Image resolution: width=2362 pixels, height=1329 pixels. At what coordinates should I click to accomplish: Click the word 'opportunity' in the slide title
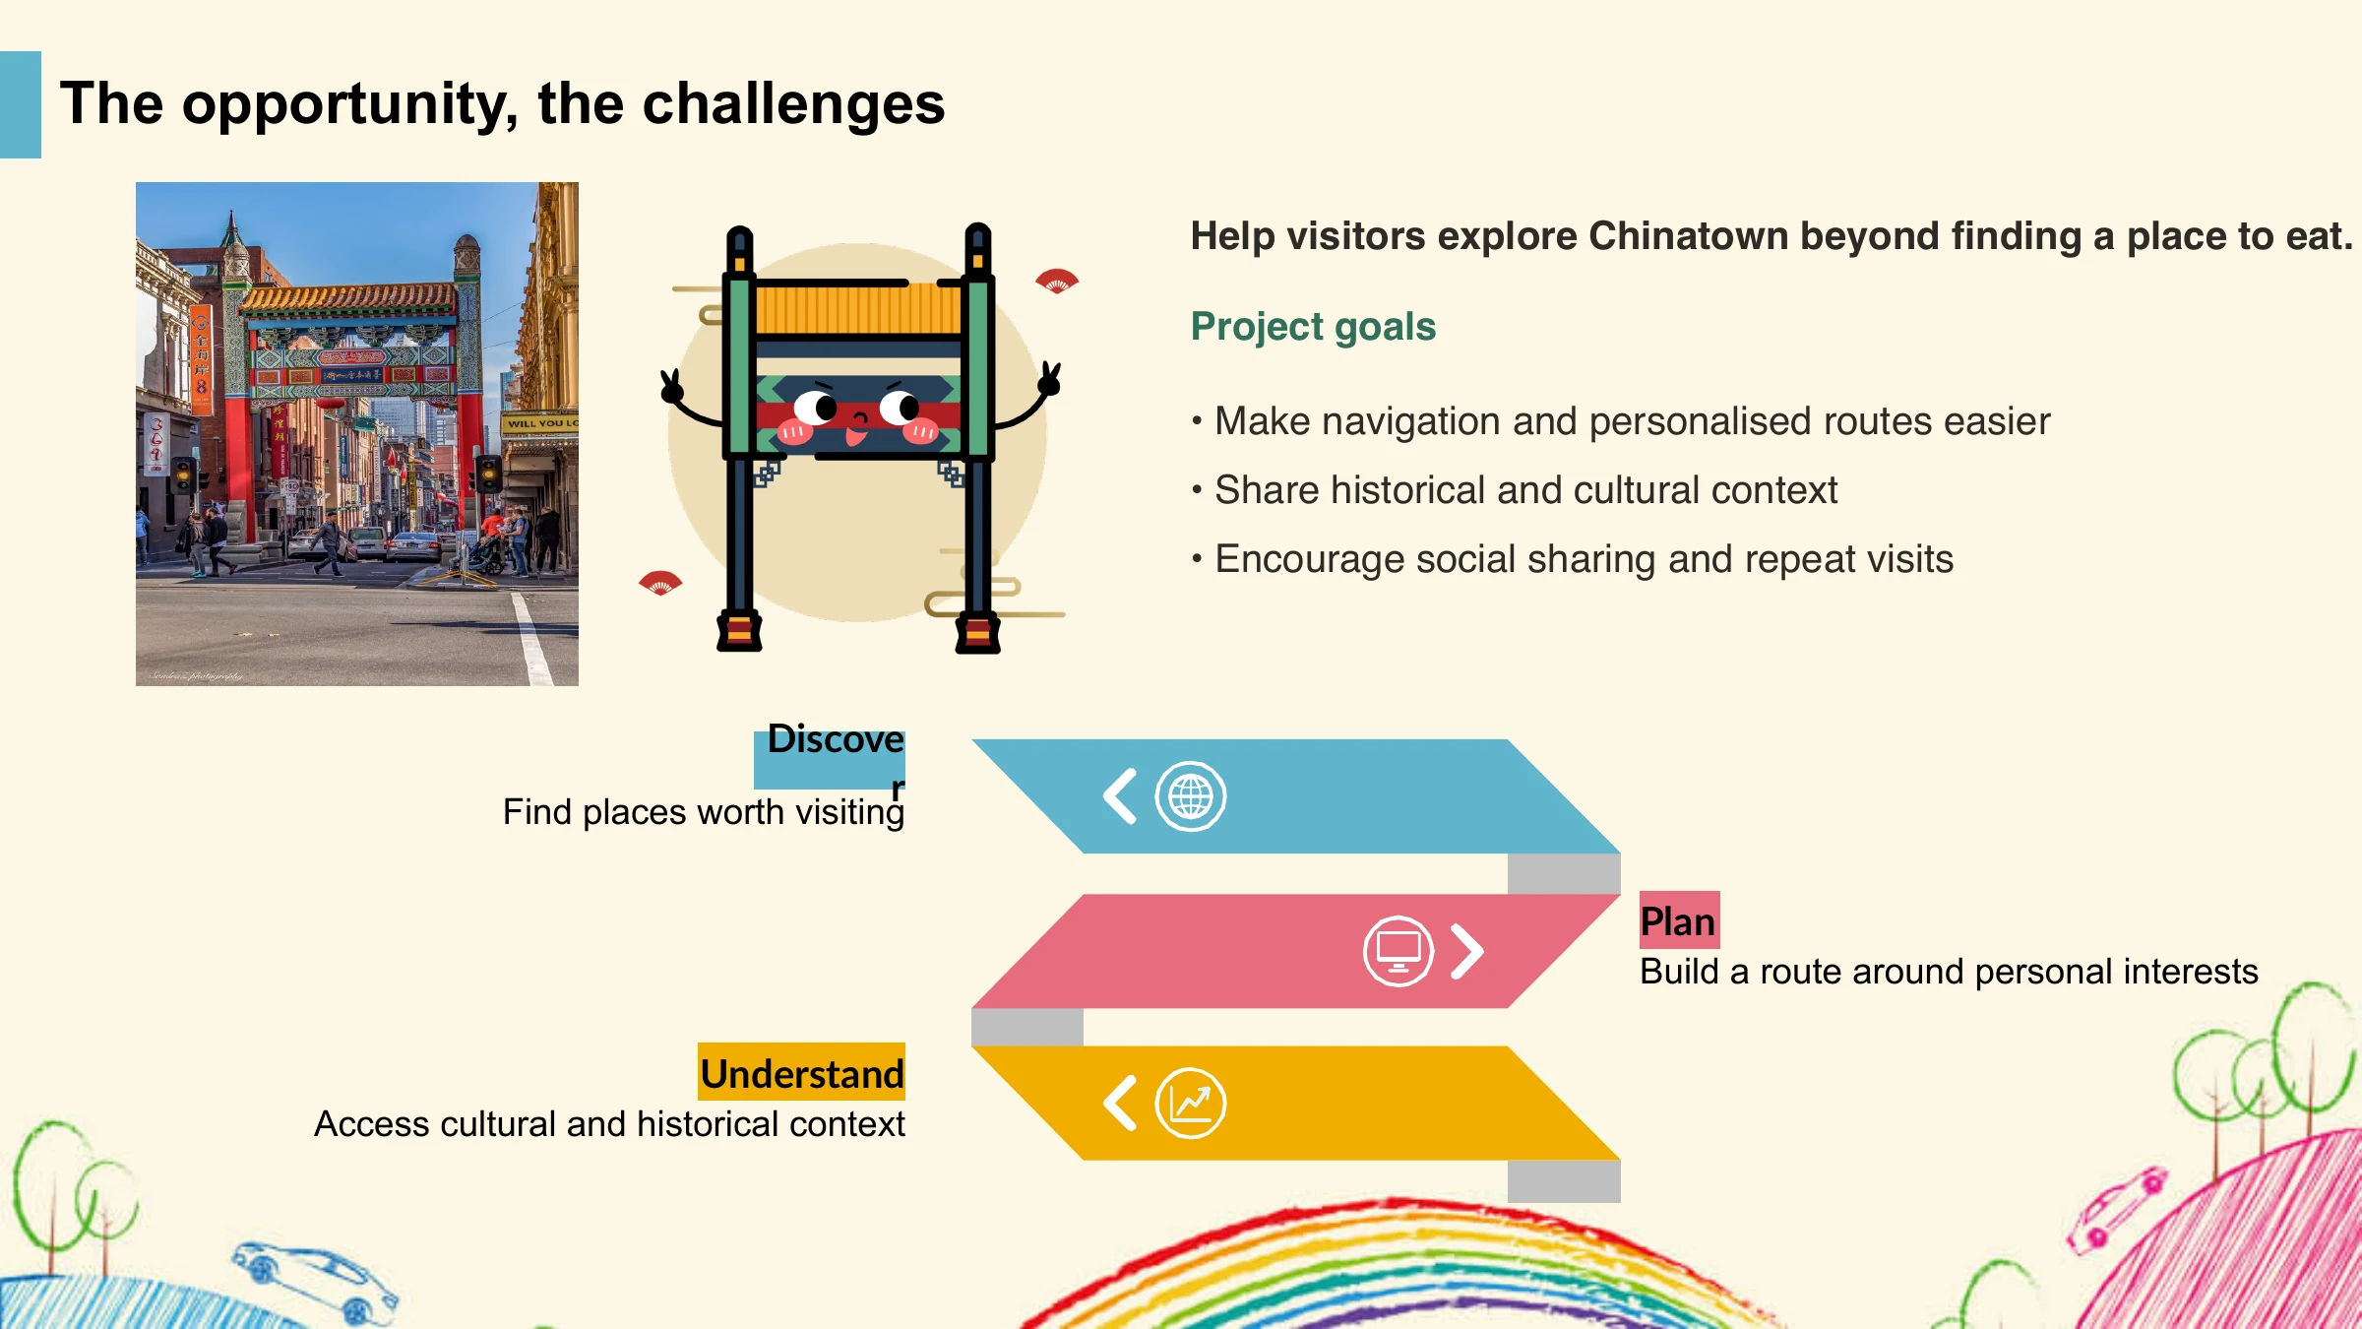pyautogui.click(x=349, y=105)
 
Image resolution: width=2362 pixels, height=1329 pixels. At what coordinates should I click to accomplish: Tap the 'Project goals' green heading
pyautogui.click(x=1313, y=327)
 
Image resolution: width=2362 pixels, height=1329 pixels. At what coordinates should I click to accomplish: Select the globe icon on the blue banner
pyautogui.click(x=1190, y=796)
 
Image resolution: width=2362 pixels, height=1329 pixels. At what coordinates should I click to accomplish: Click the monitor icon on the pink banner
pyautogui.click(x=1398, y=951)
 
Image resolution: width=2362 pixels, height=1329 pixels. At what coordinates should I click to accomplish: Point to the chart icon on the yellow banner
pyautogui.click(x=1190, y=1104)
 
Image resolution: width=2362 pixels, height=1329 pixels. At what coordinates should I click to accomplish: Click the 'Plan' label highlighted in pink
pyautogui.click(x=1678, y=921)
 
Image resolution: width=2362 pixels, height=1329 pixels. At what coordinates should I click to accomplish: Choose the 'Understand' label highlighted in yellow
pyautogui.click(x=802, y=1074)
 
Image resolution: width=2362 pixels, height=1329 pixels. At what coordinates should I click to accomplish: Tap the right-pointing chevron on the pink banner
pyautogui.click(x=1466, y=951)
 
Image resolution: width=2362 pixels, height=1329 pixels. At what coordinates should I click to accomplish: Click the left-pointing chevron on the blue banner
pyautogui.click(x=1120, y=796)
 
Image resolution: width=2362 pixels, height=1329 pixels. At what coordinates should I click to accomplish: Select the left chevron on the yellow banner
pyautogui.click(x=1120, y=1103)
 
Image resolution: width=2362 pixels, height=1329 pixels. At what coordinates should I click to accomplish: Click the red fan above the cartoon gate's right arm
pyautogui.click(x=1057, y=281)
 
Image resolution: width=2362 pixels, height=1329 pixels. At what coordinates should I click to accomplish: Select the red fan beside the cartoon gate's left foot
pyautogui.click(x=660, y=583)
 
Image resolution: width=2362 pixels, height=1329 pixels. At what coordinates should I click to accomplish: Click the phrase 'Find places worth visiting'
pyautogui.click(x=704, y=812)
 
